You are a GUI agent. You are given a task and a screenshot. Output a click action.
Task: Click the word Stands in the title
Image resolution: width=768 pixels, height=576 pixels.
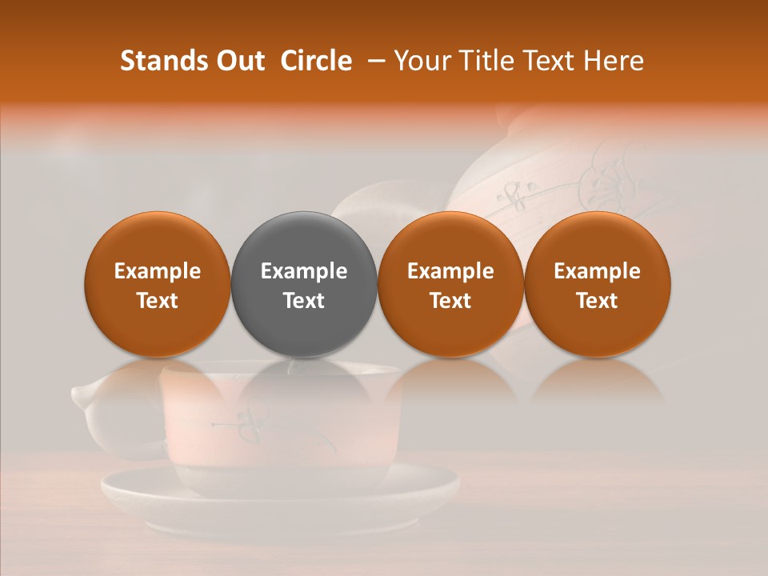[x=163, y=61]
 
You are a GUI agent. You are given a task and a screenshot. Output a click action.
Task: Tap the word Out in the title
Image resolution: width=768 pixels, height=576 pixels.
[x=238, y=61]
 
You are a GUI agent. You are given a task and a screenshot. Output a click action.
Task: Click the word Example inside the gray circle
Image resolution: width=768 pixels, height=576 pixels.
[x=304, y=271]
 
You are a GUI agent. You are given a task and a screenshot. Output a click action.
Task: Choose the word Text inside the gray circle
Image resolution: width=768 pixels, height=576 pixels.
[x=304, y=301]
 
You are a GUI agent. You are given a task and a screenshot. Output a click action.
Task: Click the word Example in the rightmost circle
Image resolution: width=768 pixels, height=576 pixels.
[x=598, y=271]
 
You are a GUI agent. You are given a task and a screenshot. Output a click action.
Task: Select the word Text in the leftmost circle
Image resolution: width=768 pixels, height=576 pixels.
[x=158, y=301]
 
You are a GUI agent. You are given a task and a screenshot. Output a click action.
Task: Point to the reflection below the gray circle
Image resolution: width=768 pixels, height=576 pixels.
[x=304, y=380]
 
